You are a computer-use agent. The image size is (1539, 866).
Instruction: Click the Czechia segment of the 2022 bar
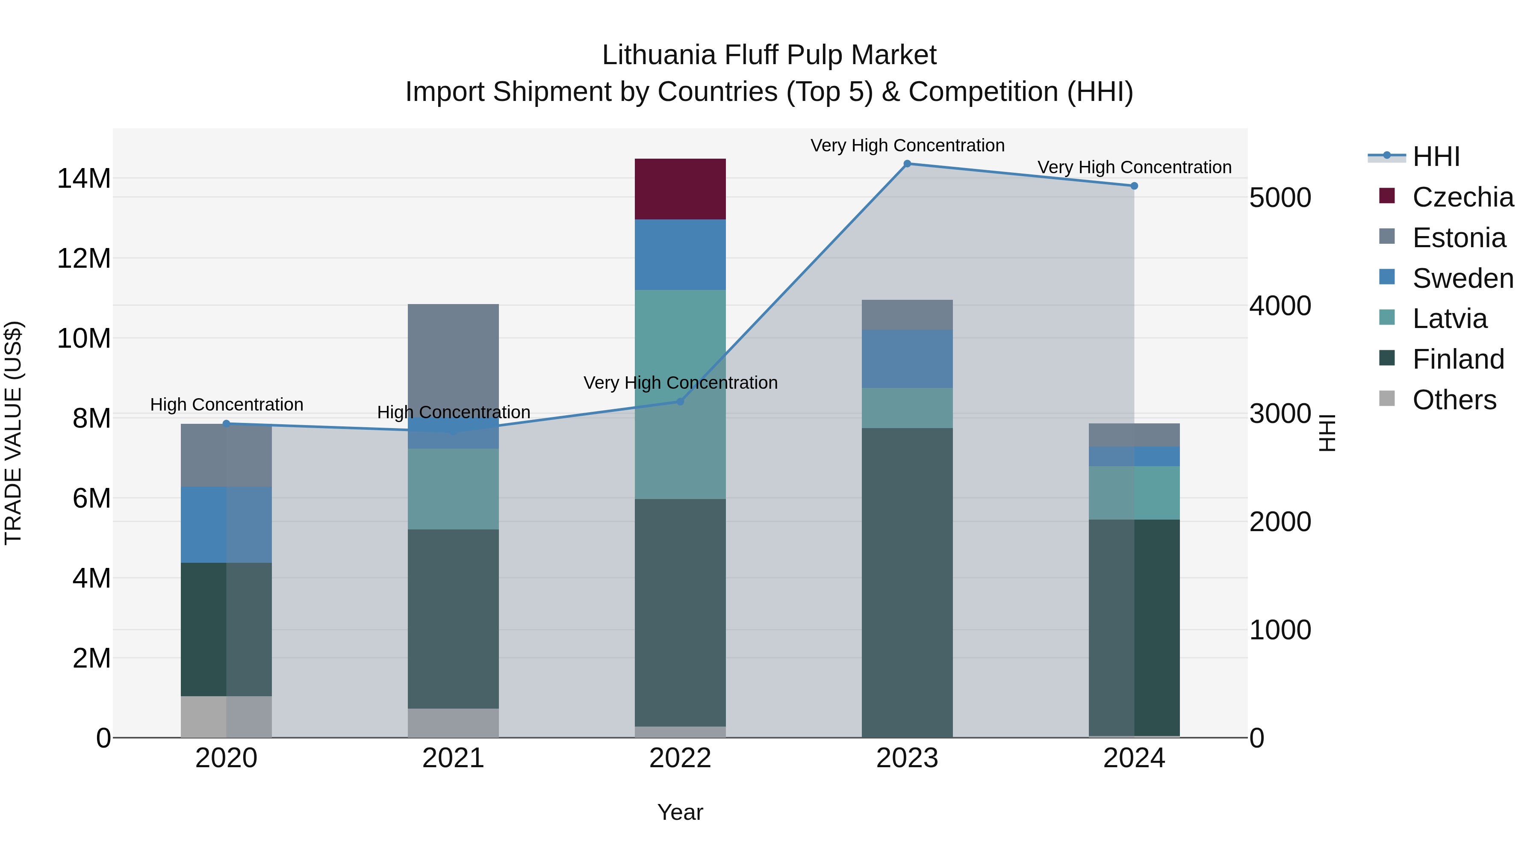tap(680, 189)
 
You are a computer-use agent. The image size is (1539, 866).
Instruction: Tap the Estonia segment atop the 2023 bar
tap(907, 315)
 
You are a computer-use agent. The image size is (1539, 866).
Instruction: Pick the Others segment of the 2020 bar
tap(226, 717)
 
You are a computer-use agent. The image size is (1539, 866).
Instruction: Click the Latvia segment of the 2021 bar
tap(453, 489)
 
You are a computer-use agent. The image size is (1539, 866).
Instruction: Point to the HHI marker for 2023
tap(907, 164)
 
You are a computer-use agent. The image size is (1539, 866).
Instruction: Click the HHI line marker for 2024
tap(1134, 186)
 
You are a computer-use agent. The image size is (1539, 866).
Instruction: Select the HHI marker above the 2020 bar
tap(226, 424)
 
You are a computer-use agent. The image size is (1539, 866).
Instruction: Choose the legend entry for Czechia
tap(1446, 197)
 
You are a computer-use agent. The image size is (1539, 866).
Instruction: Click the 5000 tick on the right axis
tap(1280, 198)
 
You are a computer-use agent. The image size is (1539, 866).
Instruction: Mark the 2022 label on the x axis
tap(680, 758)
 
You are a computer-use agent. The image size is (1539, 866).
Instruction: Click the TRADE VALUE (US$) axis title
tap(13, 433)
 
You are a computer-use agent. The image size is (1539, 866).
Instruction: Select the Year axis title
tap(680, 812)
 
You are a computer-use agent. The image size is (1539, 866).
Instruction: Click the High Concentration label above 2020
tap(227, 405)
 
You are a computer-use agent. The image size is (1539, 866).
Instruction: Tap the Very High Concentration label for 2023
tap(907, 145)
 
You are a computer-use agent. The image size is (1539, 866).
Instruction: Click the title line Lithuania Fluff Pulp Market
tap(769, 55)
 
